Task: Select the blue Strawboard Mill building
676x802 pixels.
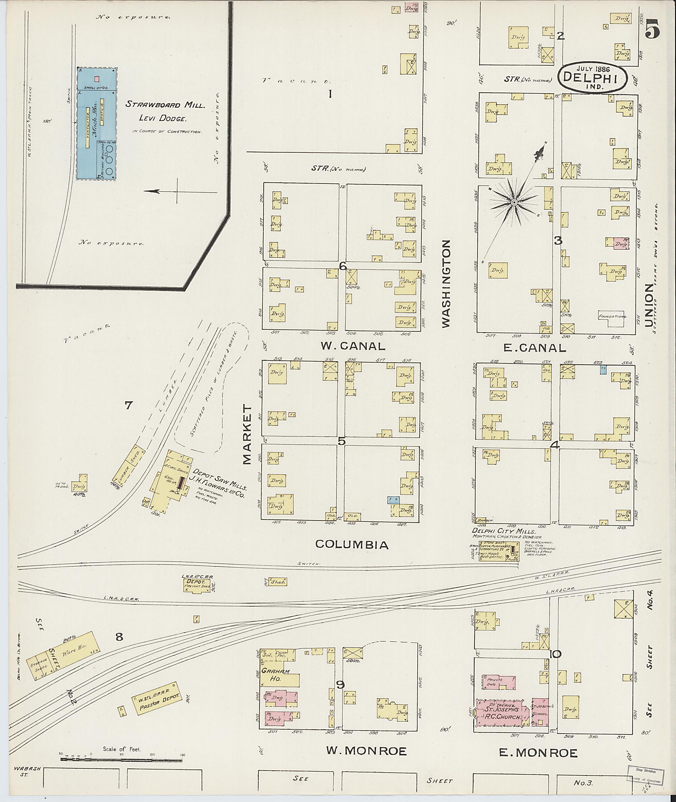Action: [97, 124]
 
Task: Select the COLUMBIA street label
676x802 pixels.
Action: [352, 544]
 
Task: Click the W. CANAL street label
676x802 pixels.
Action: [353, 346]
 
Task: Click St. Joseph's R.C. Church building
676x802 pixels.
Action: [502, 712]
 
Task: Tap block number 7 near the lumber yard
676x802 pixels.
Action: [128, 405]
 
